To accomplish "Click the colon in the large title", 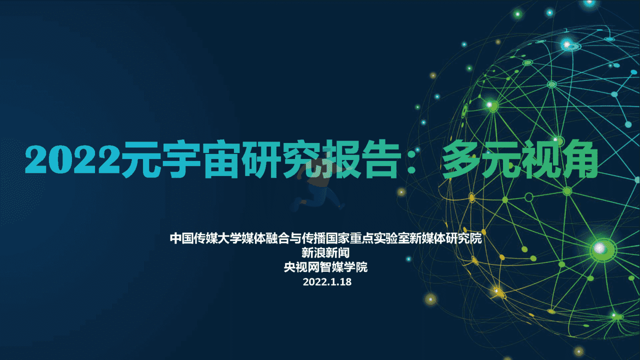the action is click(411, 161).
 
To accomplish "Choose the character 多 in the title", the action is click(460, 159).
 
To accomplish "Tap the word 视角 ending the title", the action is click(558, 159).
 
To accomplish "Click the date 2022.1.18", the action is click(327, 282).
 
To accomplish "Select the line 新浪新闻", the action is click(325, 253).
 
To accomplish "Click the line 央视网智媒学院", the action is click(325, 267).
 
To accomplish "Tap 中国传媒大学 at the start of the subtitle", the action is click(205, 238).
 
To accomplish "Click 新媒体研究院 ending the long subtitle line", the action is click(446, 238).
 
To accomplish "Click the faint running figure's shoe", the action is click(297, 202).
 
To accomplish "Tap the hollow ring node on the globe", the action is click(529, 197).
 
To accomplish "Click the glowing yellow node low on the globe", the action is click(497, 292).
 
